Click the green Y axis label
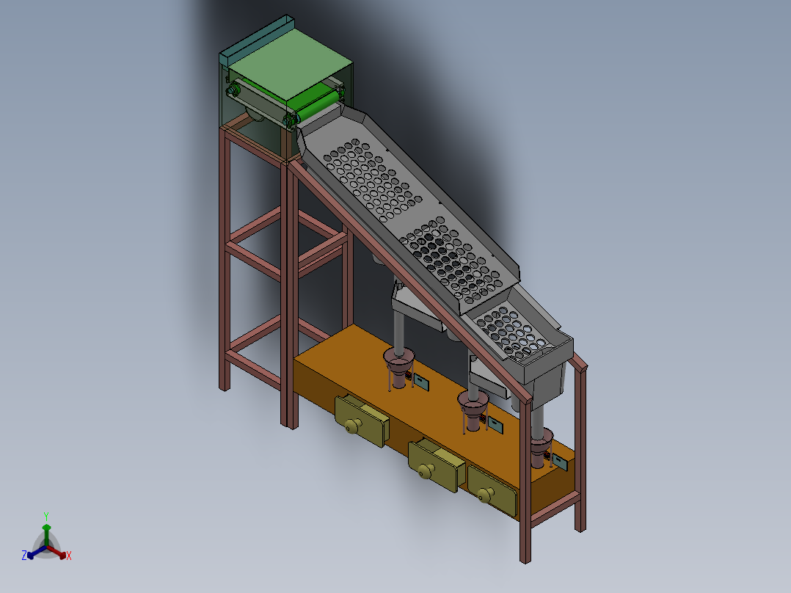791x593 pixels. [x=45, y=516]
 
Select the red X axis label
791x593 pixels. [x=68, y=556]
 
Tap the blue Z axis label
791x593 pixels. [x=24, y=556]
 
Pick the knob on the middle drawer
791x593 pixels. [x=423, y=471]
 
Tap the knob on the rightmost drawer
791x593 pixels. [x=484, y=496]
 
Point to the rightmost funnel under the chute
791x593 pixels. [x=542, y=443]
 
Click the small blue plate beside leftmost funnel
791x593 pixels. [x=422, y=382]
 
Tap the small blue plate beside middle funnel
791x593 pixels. [x=495, y=425]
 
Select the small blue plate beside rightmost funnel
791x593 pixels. [x=561, y=462]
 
